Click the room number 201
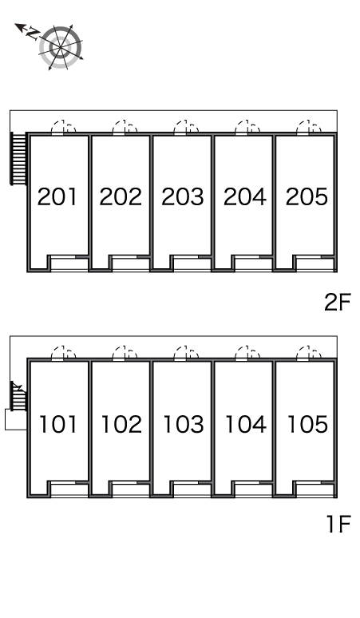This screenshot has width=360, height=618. point(57,196)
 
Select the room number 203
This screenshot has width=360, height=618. point(183,196)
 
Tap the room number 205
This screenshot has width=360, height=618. point(307,196)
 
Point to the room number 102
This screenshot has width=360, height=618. point(121,425)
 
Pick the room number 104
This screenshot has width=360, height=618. point(245,425)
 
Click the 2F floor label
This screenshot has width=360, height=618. point(337,303)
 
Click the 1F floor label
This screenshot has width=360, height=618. point(338,525)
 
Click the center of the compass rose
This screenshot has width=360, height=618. point(60,47)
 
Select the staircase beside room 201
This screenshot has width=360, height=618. point(18,158)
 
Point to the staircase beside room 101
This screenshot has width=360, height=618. point(18,396)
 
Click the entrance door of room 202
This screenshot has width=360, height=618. point(125,127)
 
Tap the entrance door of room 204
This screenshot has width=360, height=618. point(247,127)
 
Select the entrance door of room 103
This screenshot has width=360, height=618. point(185,353)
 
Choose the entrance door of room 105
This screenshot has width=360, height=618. point(308,353)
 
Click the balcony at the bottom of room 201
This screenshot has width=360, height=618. point(69,263)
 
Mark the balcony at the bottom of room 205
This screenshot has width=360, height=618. point(315,263)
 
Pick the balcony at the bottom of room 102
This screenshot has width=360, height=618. point(131,490)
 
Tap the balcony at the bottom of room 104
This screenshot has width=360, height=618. point(254,490)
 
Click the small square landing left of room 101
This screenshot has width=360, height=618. point(16,420)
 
